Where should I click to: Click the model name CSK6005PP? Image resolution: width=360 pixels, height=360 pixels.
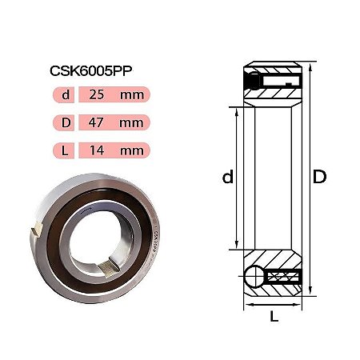pyautogui.click(x=91, y=71)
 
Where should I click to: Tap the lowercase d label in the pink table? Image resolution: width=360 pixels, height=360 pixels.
pyautogui.click(x=66, y=94)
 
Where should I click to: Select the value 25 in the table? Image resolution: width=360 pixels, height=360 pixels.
pyautogui.click(x=97, y=94)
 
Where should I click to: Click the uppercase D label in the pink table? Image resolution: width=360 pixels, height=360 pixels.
pyautogui.click(x=66, y=122)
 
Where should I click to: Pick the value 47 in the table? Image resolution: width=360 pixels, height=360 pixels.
pyautogui.click(x=96, y=122)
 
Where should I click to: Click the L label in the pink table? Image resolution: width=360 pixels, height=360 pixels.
pyautogui.click(x=65, y=150)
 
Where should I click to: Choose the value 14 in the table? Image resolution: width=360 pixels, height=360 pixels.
pyautogui.click(x=97, y=150)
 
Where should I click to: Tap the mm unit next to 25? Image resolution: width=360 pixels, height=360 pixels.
pyautogui.click(x=132, y=95)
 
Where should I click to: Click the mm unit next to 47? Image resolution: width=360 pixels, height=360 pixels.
pyautogui.click(x=131, y=123)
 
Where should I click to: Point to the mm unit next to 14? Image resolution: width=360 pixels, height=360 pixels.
pyautogui.click(x=132, y=151)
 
